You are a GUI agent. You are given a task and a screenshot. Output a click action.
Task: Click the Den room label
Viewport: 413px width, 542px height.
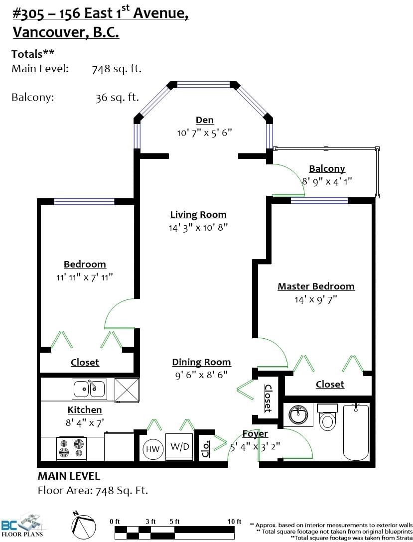(x=205, y=120)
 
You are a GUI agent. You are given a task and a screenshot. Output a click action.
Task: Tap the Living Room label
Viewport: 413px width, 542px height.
(x=198, y=215)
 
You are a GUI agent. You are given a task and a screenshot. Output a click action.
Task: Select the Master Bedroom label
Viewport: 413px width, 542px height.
(x=316, y=286)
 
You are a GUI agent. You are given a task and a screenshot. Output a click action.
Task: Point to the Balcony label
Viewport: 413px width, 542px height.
(x=327, y=169)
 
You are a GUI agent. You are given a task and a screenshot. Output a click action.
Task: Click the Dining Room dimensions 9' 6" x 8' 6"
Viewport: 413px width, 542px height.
(x=201, y=375)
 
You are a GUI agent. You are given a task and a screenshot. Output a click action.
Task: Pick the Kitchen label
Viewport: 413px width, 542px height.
(x=85, y=410)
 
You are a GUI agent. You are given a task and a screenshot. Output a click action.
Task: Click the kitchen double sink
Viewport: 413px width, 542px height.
(x=90, y=389)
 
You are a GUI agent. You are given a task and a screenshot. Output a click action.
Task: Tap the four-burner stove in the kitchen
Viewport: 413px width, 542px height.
(x=72, y=448)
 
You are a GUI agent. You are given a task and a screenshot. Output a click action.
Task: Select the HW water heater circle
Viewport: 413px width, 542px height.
(x=152, y=449)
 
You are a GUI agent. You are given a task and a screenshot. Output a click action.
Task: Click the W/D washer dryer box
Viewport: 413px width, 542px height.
(x=179, y=446)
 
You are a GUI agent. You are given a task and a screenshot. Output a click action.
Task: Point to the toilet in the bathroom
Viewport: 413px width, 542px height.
(x=327, y=417)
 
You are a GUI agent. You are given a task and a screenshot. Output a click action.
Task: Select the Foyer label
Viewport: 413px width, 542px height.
(x=255, y=434)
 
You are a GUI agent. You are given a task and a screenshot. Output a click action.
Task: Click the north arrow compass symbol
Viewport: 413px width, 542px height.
(x=84, y=525)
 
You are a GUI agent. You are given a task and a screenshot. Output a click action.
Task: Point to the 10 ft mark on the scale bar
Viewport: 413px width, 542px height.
(x=234, y=522)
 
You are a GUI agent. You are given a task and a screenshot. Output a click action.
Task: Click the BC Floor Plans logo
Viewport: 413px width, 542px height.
(x=22, y=526)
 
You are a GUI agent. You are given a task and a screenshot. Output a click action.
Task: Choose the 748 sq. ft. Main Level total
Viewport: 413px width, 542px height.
(x=117, y=69)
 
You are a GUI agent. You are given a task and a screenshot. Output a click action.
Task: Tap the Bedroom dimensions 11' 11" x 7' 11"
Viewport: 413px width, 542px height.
(x=85, y=277)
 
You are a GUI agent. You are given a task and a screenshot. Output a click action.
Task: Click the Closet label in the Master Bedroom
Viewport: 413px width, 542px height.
(x=330, y=385)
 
